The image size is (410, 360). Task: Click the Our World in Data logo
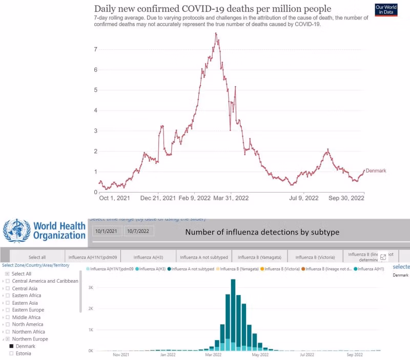pyautogui.click(x=386, y=9)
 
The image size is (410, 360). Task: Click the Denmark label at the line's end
pyautogui.click(x=376, y=171)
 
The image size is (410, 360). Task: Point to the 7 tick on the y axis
pyautogui.click(x=96, y=49)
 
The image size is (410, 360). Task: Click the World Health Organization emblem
pyautogui.click(x=17, y=230)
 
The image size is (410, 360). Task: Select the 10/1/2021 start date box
pyautogui.click(x=107, y=231)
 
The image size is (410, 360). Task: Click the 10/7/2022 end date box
pyautogui.click(x=139, y=231)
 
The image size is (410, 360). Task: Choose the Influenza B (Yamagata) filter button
pyautogui.click(x=259, y=257)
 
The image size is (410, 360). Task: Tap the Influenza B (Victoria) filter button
pyautogui.click(x=315, y=257)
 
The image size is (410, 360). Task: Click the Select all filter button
pyautogui.click(x=37, y=257)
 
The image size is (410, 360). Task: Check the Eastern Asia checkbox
pyautogui.click(x=8, y=303)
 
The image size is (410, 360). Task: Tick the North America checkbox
pyautogui.click(x=8, y=324)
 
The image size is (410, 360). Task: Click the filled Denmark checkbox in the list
pyautogui.click(x=12, y=346)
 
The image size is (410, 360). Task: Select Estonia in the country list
pyautogui.click(x=23, y=353)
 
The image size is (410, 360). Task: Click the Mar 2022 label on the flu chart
pyautogui.click(x=213, y=354)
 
